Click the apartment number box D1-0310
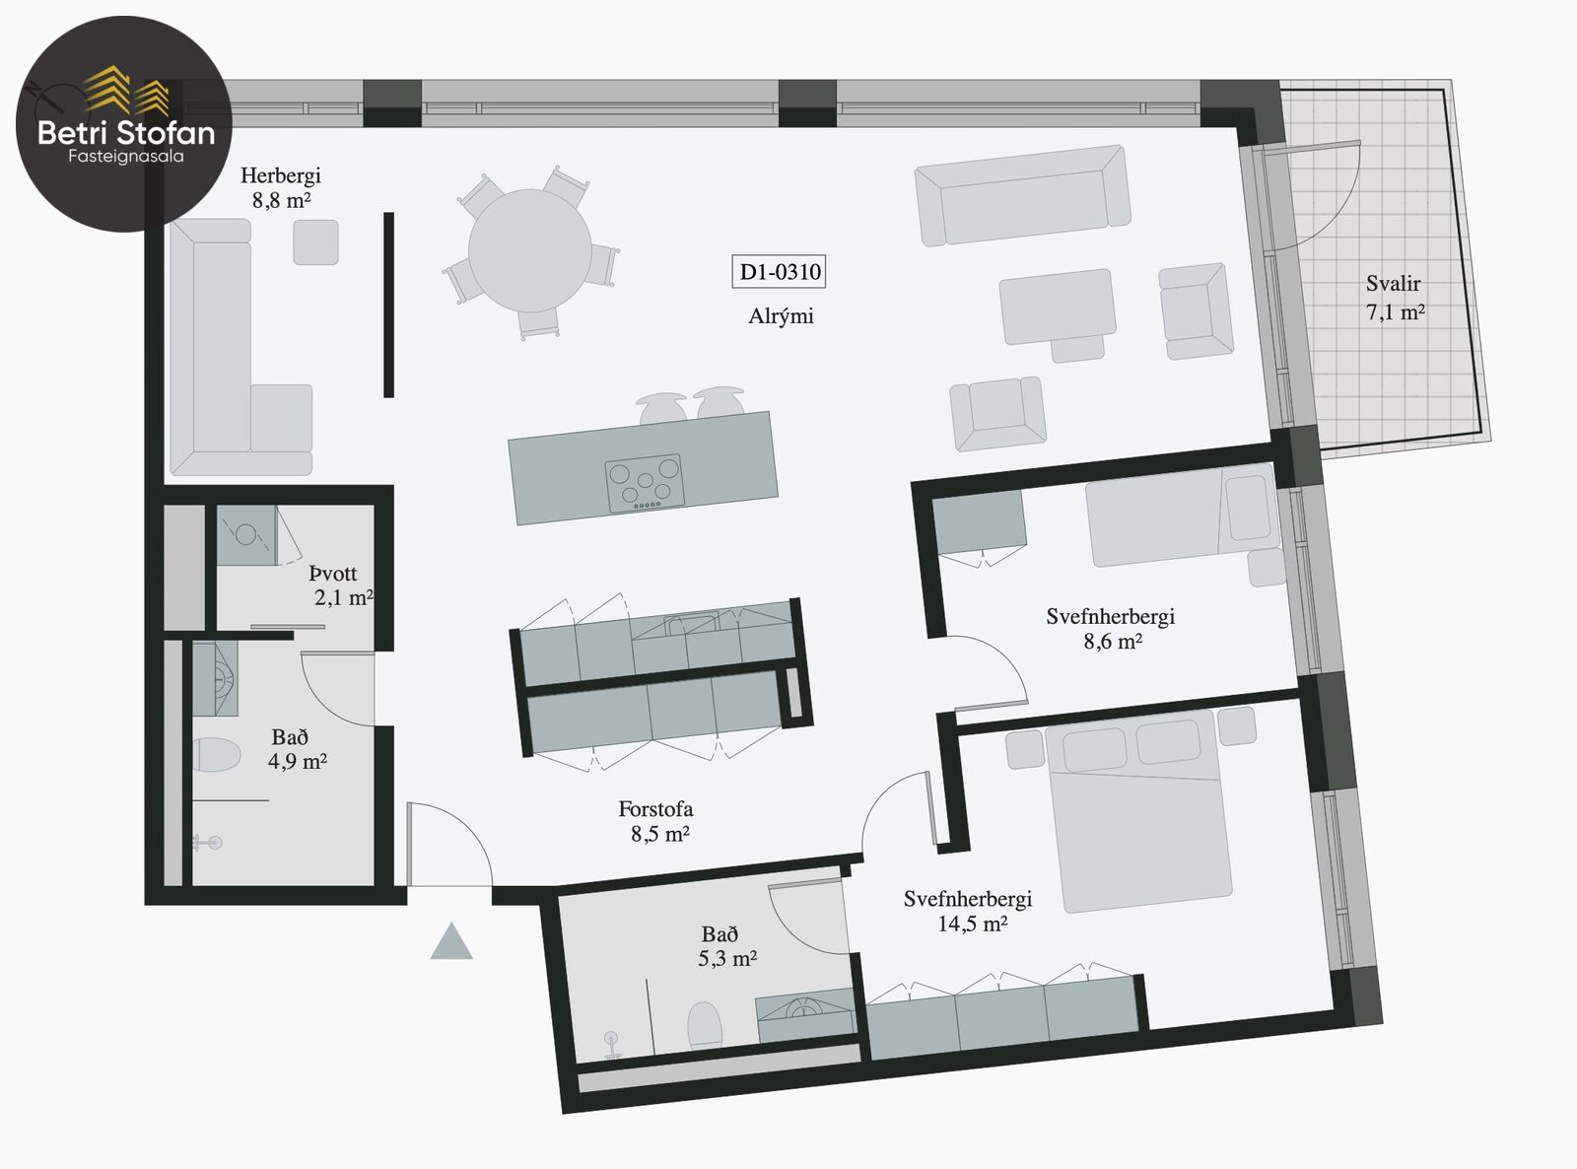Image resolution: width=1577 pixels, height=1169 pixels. coord(779,272)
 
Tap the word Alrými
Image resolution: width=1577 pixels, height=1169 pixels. coord(781,316)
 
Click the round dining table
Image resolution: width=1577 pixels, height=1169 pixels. coord(529,250)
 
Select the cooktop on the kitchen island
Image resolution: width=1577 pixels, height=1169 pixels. coord(645,484)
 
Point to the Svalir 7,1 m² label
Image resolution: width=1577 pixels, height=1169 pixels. coord(1395,298)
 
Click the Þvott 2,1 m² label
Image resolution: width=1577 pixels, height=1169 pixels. coord(340,585)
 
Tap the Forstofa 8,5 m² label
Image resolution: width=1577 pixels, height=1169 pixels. coord(657,821)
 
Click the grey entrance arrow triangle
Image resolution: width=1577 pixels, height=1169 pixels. coord(450,942)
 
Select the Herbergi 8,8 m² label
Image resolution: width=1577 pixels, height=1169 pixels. coord(280,187)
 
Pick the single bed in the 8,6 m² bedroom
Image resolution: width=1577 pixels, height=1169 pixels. coord(1181,516)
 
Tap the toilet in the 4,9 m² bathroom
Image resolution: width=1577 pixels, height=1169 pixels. coord(216,754)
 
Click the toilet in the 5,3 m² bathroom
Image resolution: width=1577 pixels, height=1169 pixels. coord(704,1025)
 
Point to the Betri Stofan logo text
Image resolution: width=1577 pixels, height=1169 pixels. coord(126,133)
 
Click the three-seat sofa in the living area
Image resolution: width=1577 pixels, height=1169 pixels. coord(1022,195)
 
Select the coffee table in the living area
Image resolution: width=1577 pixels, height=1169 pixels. coord(1058,308)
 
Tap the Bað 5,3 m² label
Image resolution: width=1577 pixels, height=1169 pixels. coord(726,946)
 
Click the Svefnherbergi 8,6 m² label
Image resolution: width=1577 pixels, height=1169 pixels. coord(1111,629)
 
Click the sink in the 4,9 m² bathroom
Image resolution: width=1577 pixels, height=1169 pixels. coord(216,679)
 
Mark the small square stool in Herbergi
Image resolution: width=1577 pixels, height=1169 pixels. coord(315,242)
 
